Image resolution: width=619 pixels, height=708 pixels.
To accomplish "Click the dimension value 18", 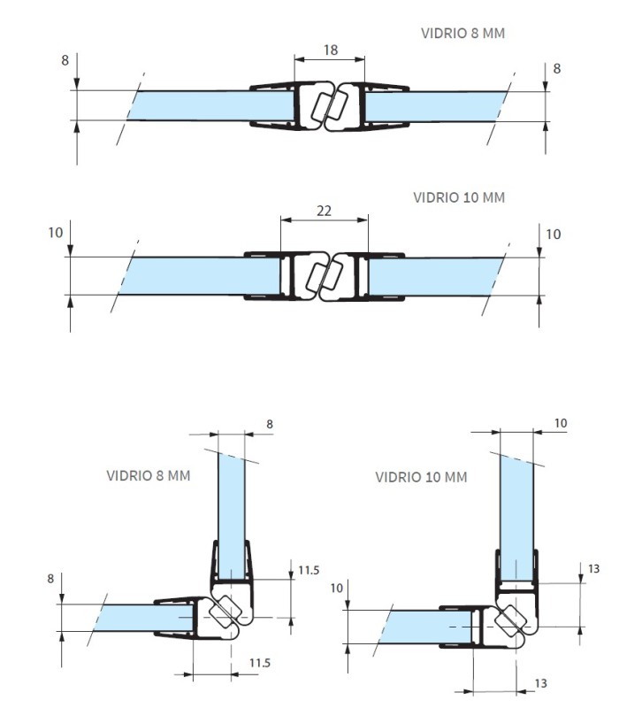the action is (x=331, y=50).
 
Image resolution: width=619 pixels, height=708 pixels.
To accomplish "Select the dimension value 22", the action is (x=324, y=211).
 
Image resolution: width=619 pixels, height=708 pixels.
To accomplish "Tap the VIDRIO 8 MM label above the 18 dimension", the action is (x=462, y=33).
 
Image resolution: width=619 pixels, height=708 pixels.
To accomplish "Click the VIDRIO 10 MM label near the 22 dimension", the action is (x=459, y=197).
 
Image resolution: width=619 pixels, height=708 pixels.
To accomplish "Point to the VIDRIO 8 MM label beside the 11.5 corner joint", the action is (x=149, y=475).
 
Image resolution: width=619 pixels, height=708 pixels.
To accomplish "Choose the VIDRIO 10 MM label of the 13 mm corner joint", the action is (x=422, y=477).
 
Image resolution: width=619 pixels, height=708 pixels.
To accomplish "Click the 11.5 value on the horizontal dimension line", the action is (x=260, y=663).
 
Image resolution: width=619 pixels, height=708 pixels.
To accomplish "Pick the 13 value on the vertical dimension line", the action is (x=593, y=568).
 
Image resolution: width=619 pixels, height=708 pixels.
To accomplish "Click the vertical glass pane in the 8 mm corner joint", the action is (x=232, y=516).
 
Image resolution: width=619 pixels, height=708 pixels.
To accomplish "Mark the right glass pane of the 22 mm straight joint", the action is (x=434, y=276).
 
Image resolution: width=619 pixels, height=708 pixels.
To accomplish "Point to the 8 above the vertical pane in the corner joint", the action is (x=270, y=424).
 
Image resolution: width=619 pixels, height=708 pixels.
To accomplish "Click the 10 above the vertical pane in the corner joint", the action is (x=561, y=423).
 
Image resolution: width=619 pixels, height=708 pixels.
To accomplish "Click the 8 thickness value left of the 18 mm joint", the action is (x=65, y=60).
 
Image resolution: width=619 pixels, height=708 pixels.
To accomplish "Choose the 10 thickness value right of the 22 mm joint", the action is (x=554, y=234).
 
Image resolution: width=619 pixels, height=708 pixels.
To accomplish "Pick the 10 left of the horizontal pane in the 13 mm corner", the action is (x=337, y=588).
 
